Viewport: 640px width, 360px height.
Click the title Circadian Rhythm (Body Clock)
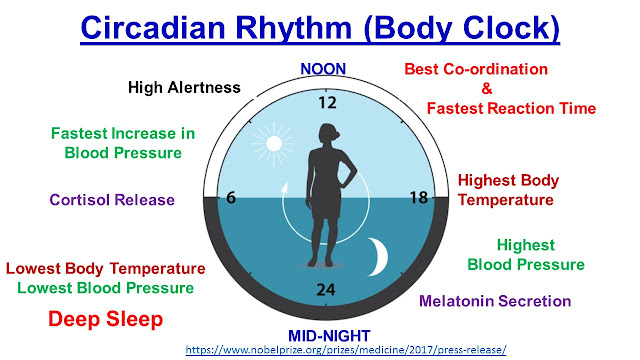pos(319,26)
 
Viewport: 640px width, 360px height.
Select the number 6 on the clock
pos(230,197)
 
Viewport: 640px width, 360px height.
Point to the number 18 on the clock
pos(418,197)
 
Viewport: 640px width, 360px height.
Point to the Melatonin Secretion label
pos(495,300)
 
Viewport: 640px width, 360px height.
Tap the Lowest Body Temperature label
pos(106,269)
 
